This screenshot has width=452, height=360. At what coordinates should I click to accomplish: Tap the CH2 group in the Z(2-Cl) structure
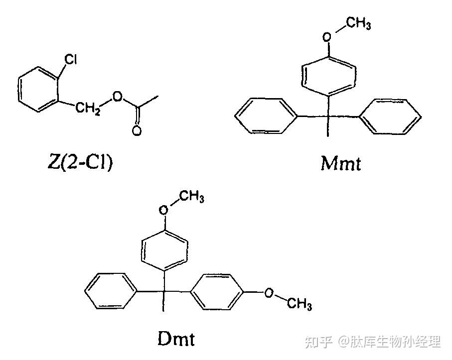[x=88, y=108]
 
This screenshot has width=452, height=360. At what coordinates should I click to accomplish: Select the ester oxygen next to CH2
[x=117, y=96]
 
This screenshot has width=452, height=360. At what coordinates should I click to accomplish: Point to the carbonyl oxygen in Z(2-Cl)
[x=137, y=131]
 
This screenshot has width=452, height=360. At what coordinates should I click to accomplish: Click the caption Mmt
[x=340, y=163]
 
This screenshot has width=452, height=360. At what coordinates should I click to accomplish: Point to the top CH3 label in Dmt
[x=191, y=198]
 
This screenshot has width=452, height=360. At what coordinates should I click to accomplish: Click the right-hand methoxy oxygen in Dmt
[x=269, y=292]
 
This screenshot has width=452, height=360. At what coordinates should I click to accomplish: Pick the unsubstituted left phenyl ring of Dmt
[x=110, y=291]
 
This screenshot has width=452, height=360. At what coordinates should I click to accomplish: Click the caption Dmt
[x=176, y=339]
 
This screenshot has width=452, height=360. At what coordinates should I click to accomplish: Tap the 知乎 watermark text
[x=318, y=342]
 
